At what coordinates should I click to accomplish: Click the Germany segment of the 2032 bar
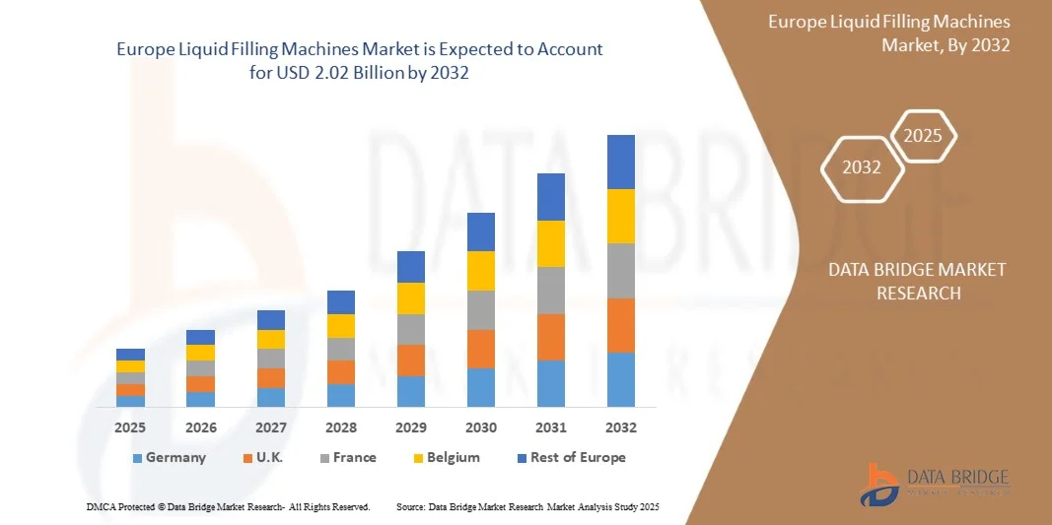point(621,379)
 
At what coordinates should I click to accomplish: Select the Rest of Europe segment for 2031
point(551,197)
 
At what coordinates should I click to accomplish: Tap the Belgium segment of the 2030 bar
point(481,271)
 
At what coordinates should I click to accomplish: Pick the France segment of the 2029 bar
point(411,329)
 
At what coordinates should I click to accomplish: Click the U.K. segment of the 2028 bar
point(341,372)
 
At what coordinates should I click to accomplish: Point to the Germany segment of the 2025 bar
point(130,401)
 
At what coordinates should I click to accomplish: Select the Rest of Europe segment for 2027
point(271,320)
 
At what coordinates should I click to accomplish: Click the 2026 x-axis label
point(200,428)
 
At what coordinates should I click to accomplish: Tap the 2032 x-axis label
point(621,428)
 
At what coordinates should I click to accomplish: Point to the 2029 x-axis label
point(411,428)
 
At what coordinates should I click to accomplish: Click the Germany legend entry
point(169,458)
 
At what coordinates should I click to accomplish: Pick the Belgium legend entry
point(446,458)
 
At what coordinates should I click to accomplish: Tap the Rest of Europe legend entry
point(570,458)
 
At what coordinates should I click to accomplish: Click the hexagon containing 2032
point(862,167)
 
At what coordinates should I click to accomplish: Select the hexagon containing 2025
point(923,136)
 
